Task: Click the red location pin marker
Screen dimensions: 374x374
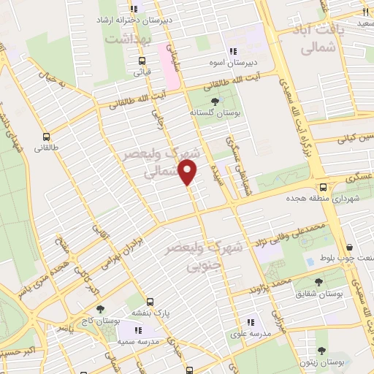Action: (188, 172)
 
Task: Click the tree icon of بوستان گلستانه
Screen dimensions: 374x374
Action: (214, 102)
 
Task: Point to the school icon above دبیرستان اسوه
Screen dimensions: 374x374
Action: (234, 52)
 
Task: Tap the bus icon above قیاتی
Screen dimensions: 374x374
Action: (142, 60)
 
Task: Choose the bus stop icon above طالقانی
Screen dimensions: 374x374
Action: (47, 136)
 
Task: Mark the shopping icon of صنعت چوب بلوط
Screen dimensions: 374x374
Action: (352, 248)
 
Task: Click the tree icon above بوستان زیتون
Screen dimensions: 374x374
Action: (322, 351)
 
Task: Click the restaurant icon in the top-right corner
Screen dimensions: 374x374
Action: (364, 12)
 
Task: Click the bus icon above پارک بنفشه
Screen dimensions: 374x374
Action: (150, 301)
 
